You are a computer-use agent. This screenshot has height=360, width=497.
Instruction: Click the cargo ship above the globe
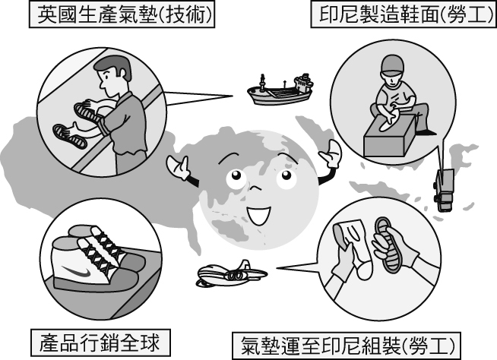pyautogui.click(x=280, y=91)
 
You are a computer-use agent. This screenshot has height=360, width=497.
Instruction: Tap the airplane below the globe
pyautogui.click(x=231, y=274)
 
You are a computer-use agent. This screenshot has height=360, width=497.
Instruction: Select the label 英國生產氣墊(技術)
pyautogui.click(x=122, y=14)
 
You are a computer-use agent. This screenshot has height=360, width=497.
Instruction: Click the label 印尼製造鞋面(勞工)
pyautogui.click(x=404, y=14)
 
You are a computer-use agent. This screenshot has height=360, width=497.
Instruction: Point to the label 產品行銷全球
pyautogui.click(x=100, y=343)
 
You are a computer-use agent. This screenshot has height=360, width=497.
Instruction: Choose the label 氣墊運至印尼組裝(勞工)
pyautogui.click(x=346, y=346)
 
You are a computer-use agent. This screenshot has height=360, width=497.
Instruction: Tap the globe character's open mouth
pyautogui.click(x=259, y=214)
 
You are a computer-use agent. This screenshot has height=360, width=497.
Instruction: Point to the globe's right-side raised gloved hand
pyautogui.click(x=331, y=154)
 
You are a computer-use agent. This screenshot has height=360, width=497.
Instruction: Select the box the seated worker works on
pyautogui.click(x=389, y=136)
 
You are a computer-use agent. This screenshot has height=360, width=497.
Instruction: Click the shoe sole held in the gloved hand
pyautogui.click(x=388, y=244)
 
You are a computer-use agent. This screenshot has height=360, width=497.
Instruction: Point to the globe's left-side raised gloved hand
pyautogui.click(x=178, y=166)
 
